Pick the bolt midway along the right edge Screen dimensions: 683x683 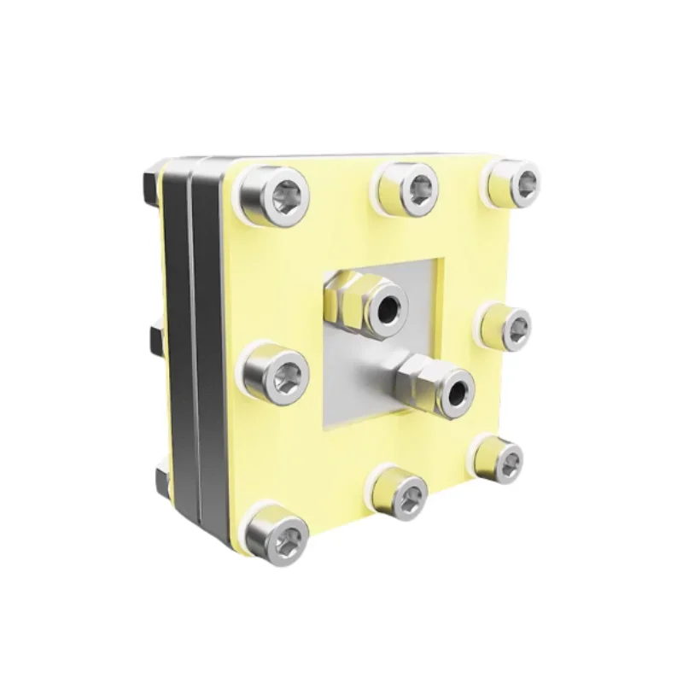pos(511,325)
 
